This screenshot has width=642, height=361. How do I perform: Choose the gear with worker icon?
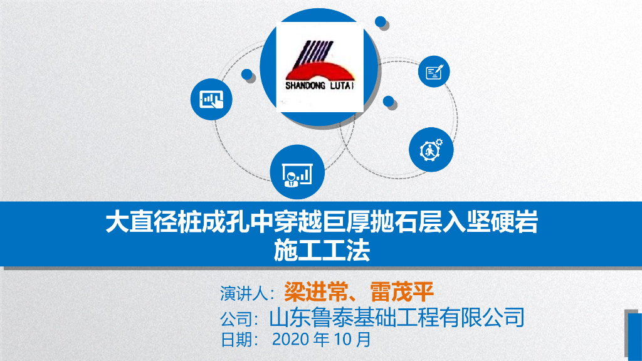[x=431, y=150]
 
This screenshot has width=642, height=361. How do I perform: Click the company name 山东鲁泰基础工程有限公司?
[x=396, y=317]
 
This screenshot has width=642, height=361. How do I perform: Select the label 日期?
[x=236, y=340]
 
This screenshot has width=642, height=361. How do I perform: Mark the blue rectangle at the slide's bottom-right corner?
[x=633, y=336]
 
